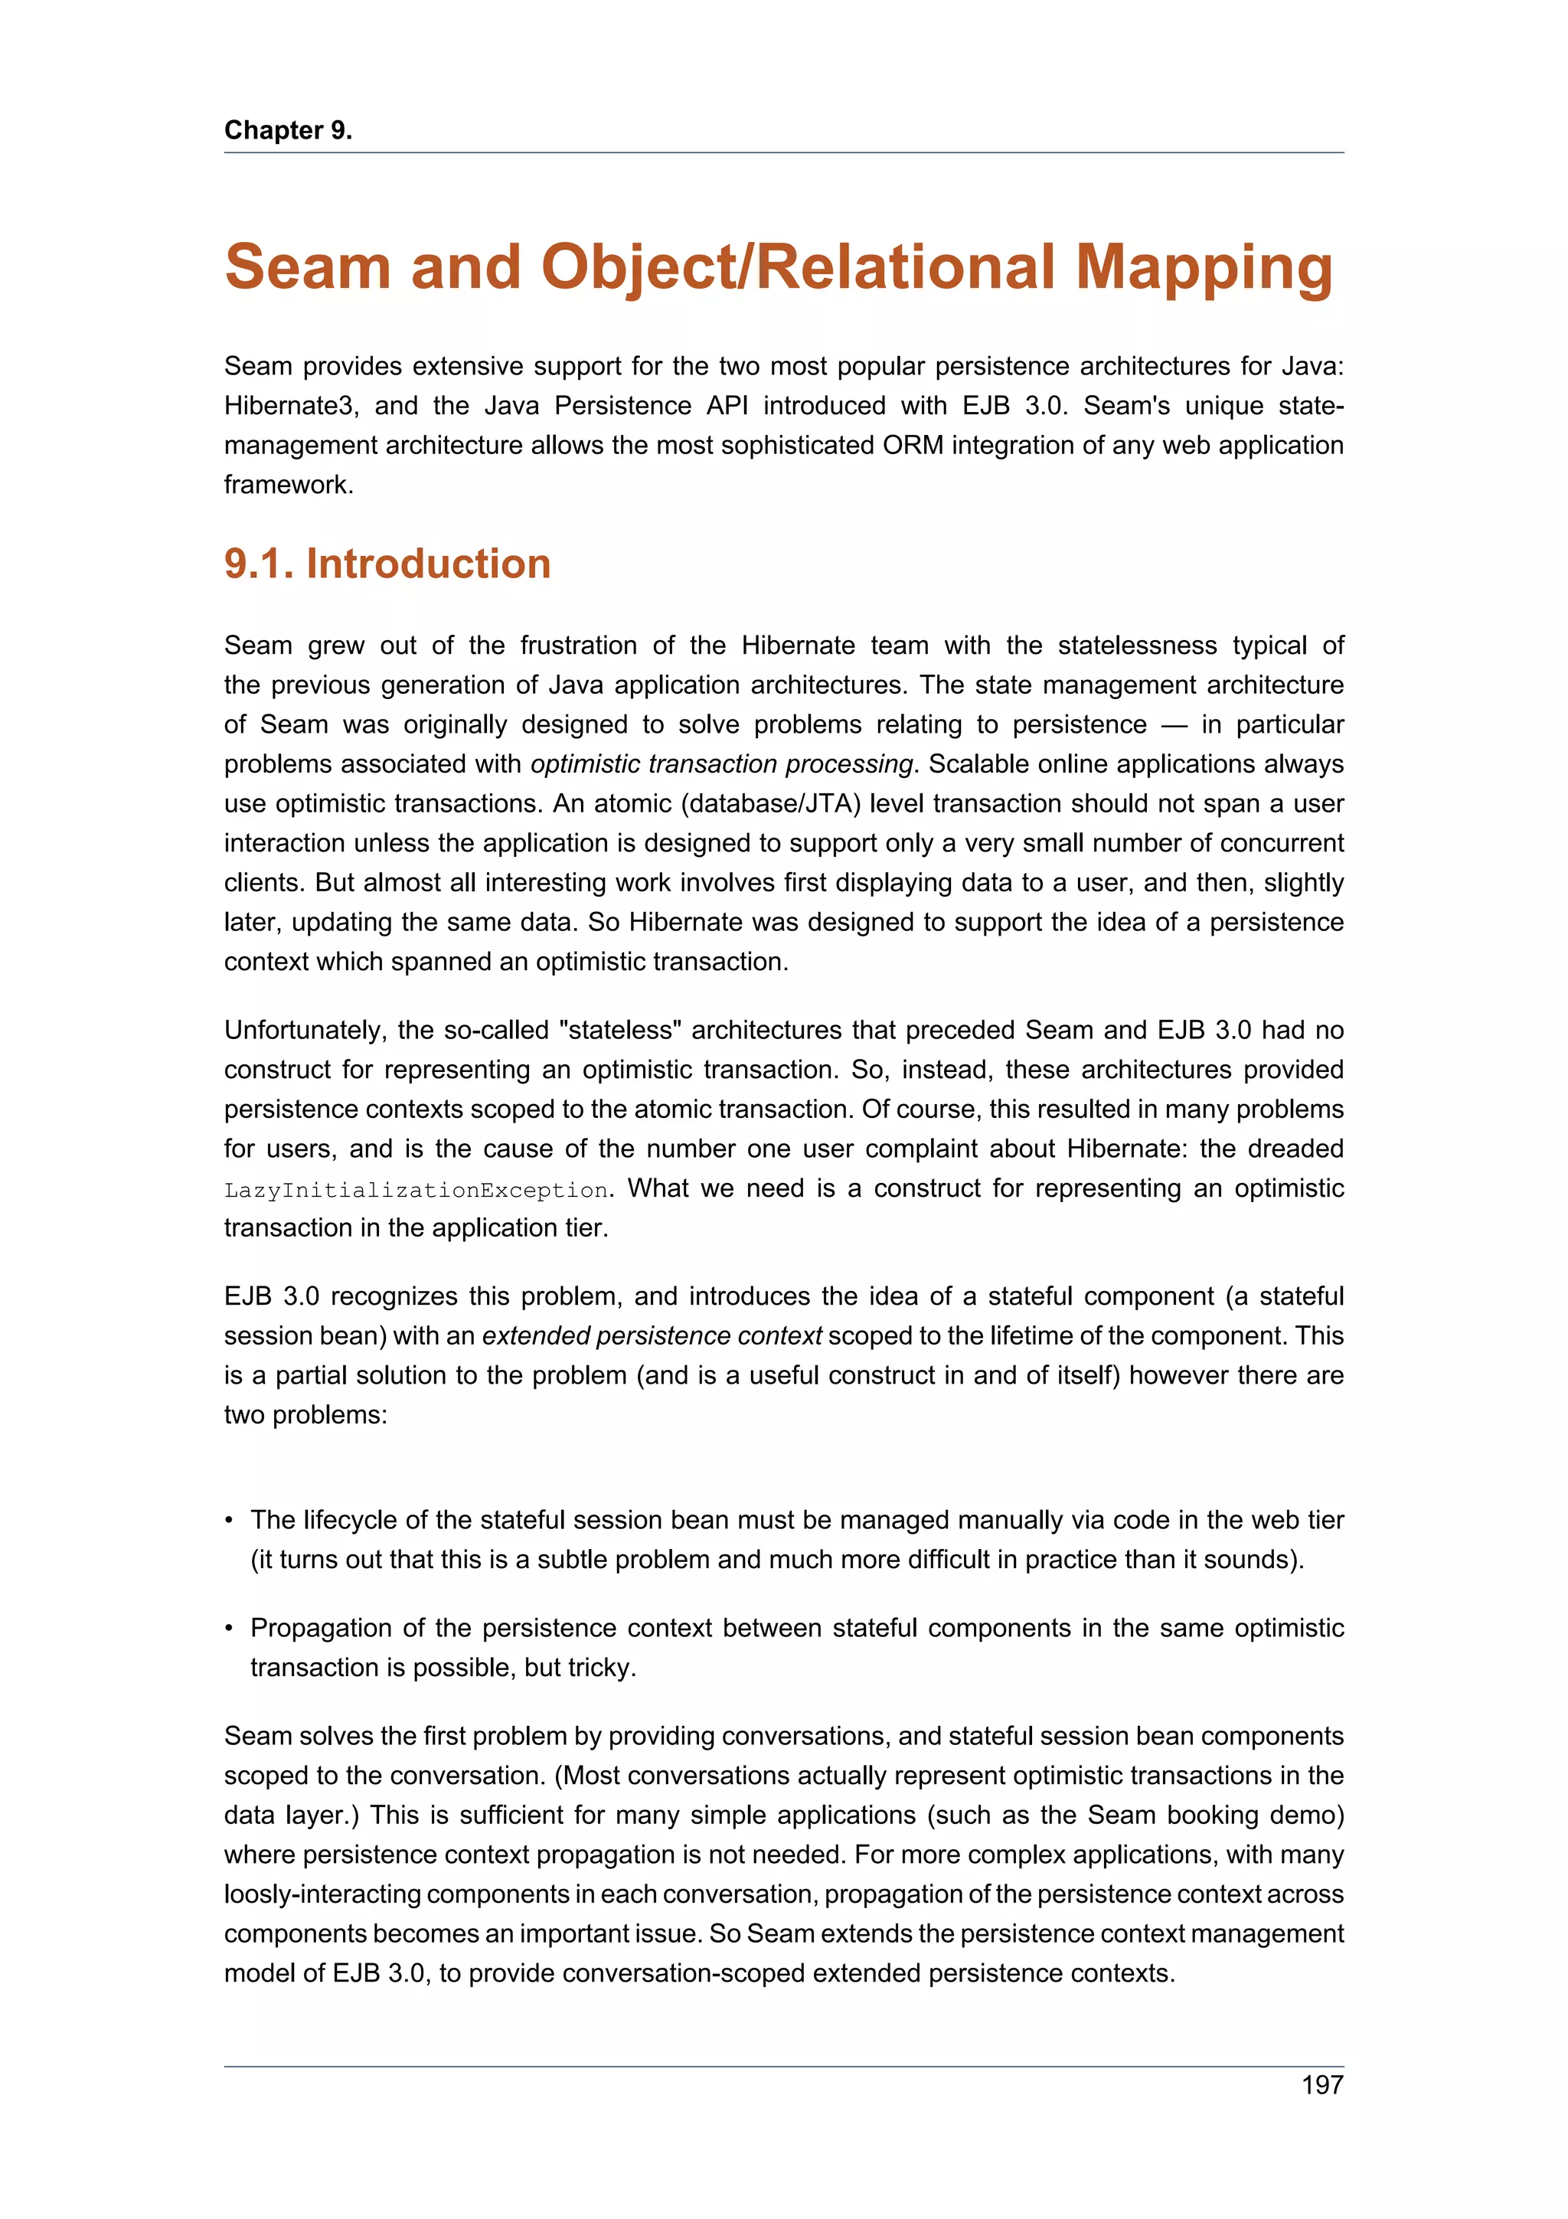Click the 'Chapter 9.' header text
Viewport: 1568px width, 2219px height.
coord(288,130)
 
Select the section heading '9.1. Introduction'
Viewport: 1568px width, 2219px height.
coord(387,564)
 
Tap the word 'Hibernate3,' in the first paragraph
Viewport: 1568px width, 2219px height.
coord(292,406)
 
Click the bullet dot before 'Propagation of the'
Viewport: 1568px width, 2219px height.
coord(229,1629)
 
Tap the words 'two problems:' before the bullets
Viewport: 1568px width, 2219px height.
coord(305,1415)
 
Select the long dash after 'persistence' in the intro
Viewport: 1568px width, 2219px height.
coord(1174,725)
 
